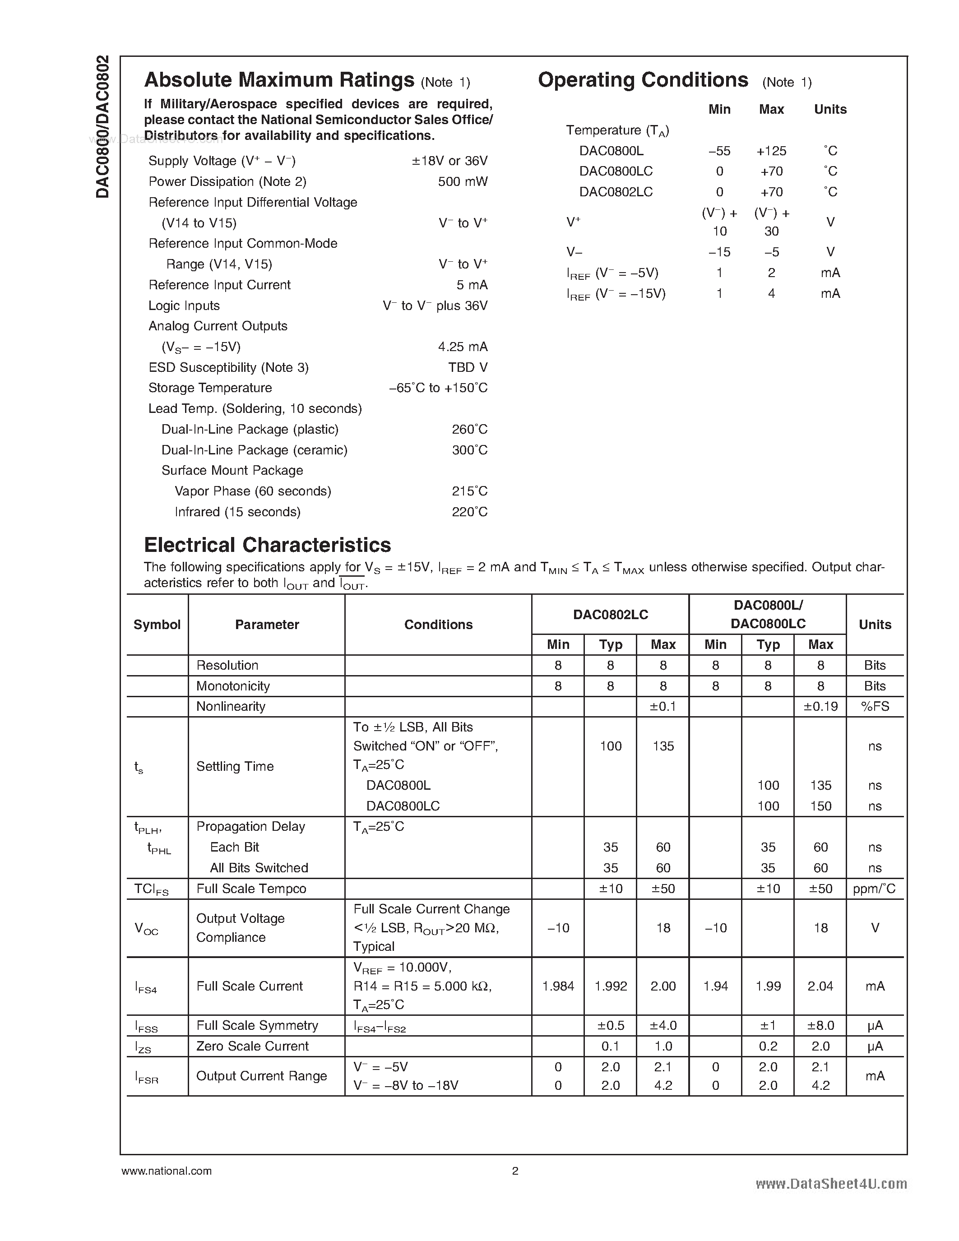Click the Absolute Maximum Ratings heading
279,80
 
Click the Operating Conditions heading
643,80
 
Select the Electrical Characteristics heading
268,545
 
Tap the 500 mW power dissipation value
463,182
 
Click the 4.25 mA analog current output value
463,347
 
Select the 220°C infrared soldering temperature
469,512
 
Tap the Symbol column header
157,625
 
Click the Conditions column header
438,625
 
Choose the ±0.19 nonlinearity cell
820,706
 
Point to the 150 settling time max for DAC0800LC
820,806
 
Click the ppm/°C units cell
874,889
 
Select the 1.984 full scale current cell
558,986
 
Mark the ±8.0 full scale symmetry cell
820,1025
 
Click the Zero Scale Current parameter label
252,1046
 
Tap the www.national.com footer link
167,1171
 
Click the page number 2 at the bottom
515,1171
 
